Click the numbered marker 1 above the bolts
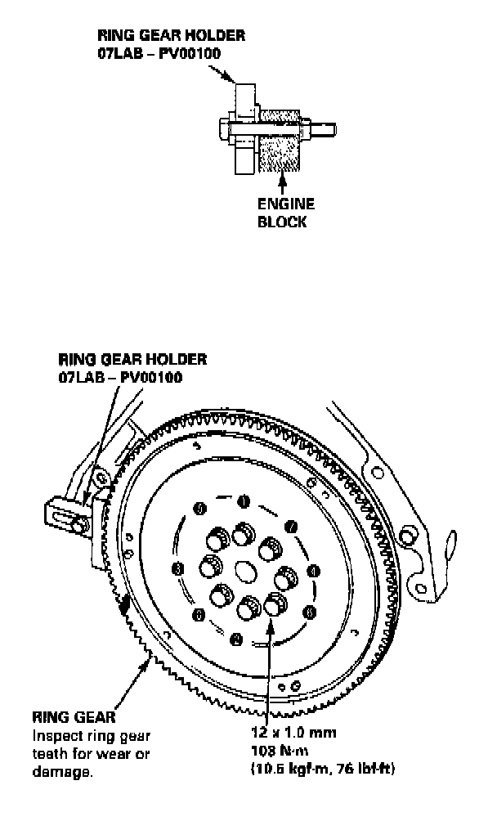pos(243,500)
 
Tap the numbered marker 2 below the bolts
pos(235,637)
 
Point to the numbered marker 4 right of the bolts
pos(314,570)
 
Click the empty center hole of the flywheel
pos(244,569)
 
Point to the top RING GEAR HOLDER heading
pos(171,36)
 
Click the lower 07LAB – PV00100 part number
pos(120,377)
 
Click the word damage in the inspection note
pos(60,769)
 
